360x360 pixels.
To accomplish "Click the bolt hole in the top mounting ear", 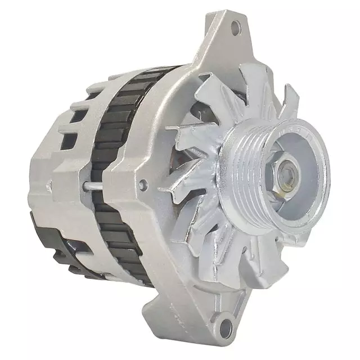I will [236, 26].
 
